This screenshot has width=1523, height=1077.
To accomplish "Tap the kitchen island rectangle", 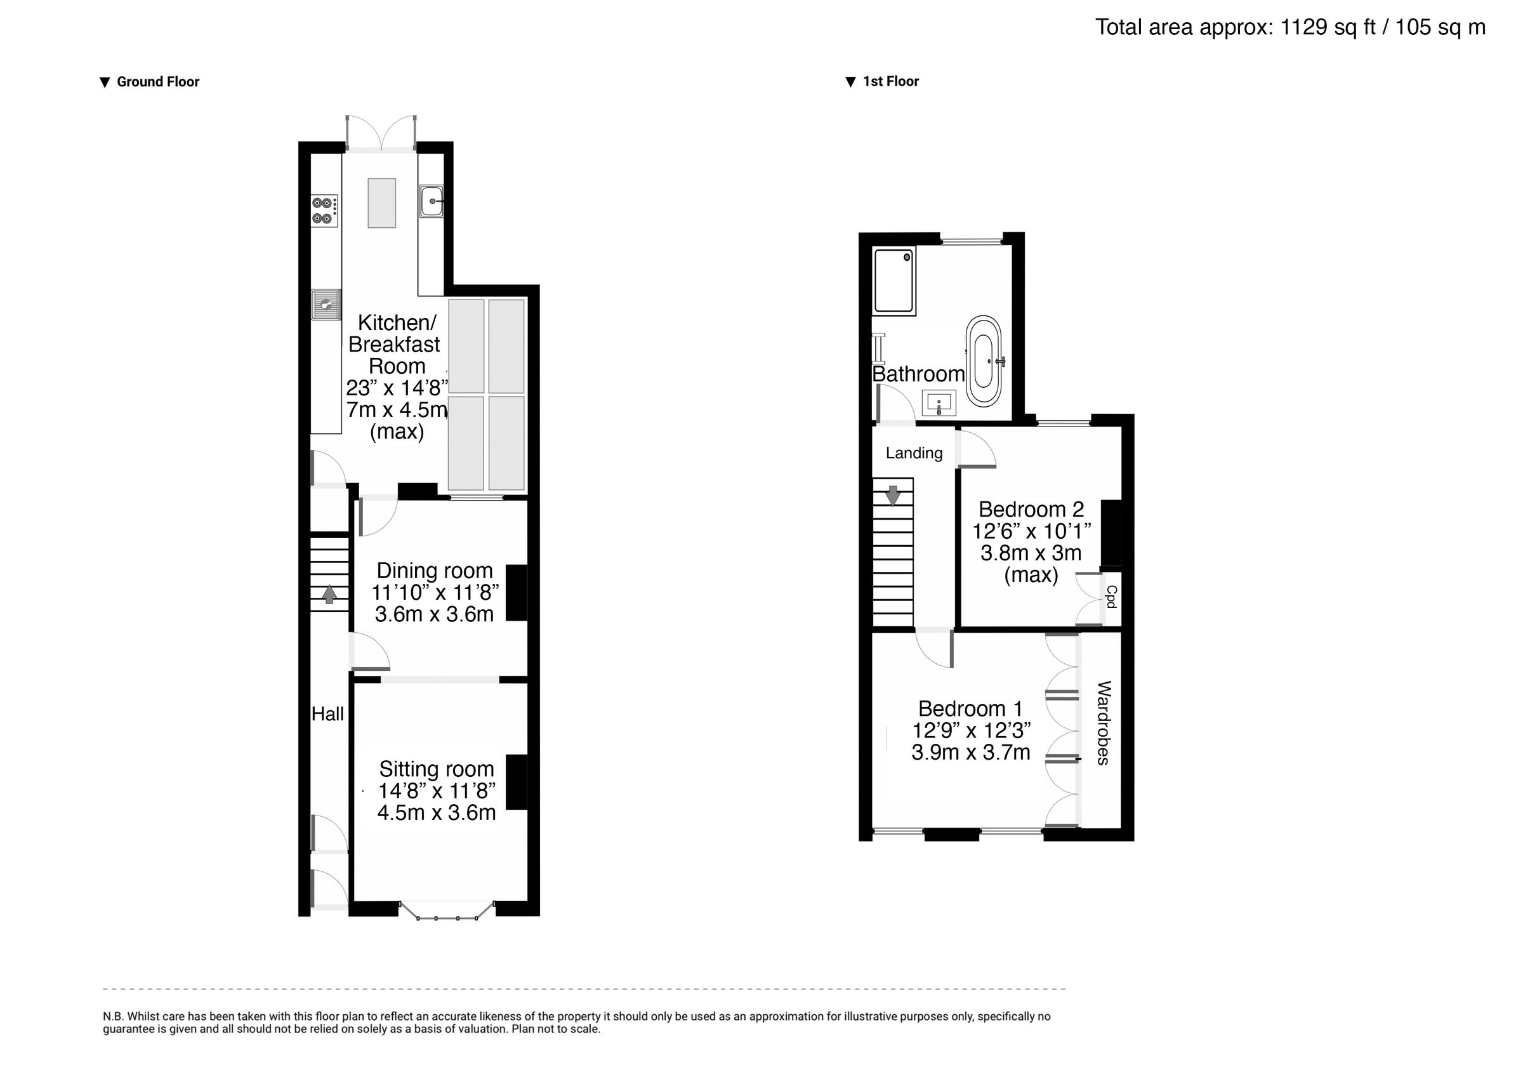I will click(382, 202).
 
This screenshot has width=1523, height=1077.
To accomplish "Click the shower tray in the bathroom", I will click(894, 280).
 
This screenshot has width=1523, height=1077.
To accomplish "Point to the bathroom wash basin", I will click(939, 403).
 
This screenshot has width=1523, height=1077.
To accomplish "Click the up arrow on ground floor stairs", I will click(329, 593).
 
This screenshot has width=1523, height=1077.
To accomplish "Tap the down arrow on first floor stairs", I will click(893, 495).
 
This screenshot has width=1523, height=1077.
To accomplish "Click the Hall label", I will click(327, 714).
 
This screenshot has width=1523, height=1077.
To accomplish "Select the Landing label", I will click(914, 453).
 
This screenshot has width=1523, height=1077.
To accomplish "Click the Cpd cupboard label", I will click(1111, 597).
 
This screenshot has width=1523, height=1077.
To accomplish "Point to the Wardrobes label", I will click(1103, 723).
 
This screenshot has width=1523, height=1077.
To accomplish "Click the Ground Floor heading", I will click(158, 82).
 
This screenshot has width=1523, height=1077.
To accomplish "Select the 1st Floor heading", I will click(890, 81).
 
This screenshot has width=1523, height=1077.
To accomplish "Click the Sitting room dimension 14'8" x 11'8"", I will click(437, 791).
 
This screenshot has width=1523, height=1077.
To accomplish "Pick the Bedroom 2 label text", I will click(1031, 509).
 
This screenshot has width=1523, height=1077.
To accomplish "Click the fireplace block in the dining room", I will click(517, 593).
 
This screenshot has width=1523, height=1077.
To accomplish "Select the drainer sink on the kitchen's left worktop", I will click(325, 305).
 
